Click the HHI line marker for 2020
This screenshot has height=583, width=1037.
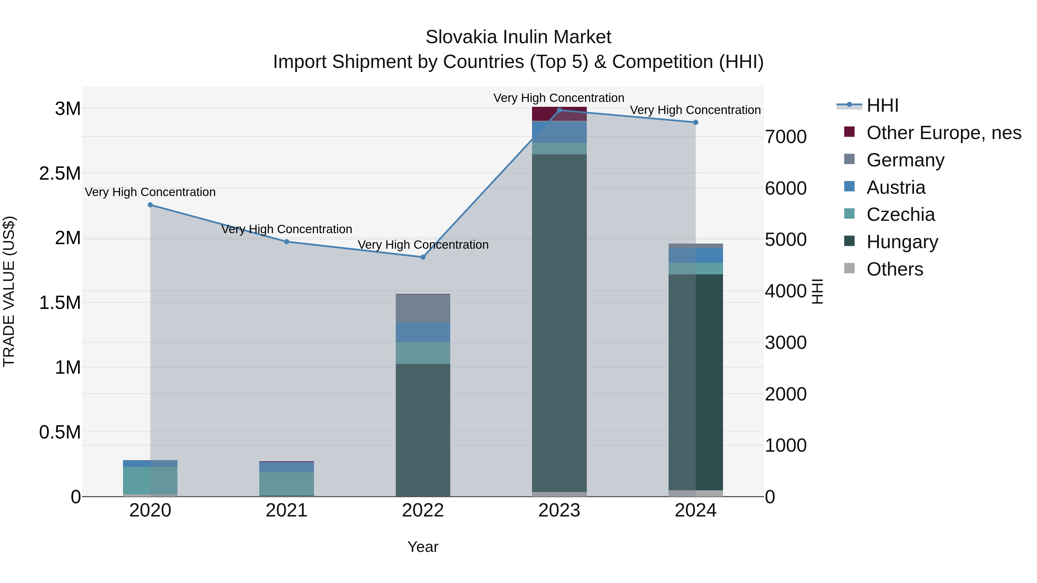coord(150,205)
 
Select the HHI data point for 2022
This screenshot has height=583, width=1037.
coord(423,257)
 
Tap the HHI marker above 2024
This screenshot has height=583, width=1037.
coord(695,122)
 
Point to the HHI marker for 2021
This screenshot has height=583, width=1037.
coord(287,242)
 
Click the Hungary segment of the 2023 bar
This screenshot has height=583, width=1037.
coord(559,322)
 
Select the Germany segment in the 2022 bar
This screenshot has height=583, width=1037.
coord(423,309)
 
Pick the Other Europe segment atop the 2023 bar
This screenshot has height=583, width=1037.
coord(559,114)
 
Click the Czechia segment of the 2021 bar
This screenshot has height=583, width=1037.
coord(287,484)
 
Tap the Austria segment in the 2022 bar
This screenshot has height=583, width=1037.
coord(423,332)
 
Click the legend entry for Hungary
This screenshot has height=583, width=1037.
coord(902,242)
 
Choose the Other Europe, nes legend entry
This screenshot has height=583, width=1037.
coord(944,133)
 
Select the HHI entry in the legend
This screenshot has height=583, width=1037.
coord(882,105)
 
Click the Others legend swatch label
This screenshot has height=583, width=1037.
coord(894,269)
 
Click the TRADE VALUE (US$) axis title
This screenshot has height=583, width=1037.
coord(9,291)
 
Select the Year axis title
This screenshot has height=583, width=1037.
coord(423,547)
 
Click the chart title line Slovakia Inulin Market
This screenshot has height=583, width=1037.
coord(518,37)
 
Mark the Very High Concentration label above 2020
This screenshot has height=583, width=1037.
coord(150,192)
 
